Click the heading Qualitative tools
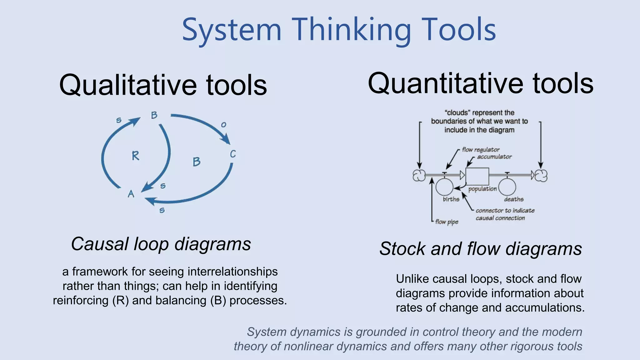[x=163, y=85]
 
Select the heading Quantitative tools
[x=480, y=83]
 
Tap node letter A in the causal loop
[x=131, y=194]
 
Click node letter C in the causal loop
[x=233, y=154]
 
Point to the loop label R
[x=135, y=156]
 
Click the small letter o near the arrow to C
[x=223, y=125]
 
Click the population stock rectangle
[x=477, y=177]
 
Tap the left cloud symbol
[x=419, y=176]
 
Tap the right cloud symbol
[x=541, y=176]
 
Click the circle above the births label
[x=444, y=187]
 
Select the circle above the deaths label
[x=507, y=187]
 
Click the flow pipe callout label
[x=447, y=222]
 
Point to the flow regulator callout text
[x=481, y=150]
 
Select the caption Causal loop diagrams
[x=161, y=244]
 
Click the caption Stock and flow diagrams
[x=480, y=249]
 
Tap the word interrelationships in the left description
[x=232, y=272]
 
